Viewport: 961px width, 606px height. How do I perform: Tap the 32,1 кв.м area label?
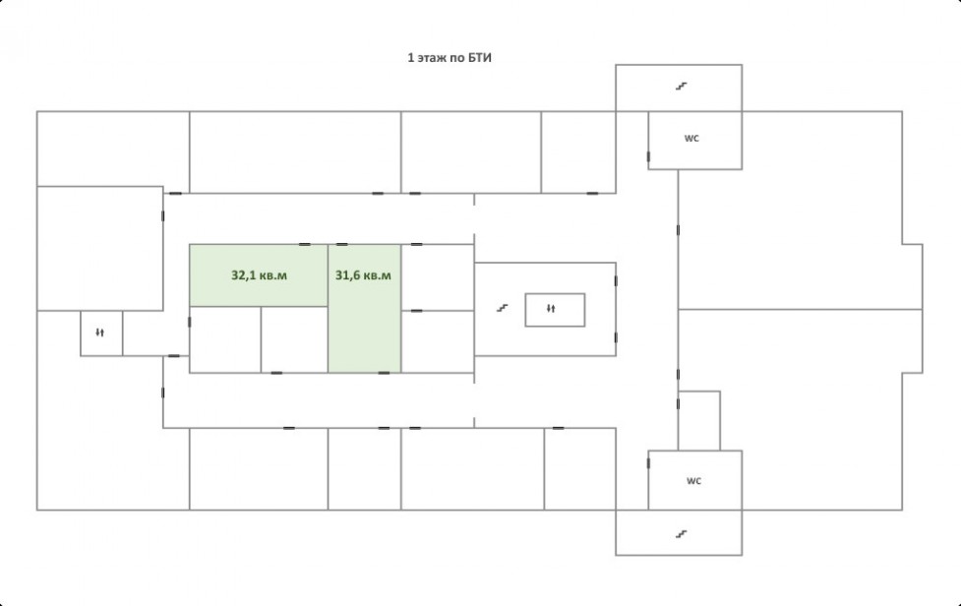coord(259,275)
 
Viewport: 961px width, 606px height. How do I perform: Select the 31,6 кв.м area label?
coord(363,275)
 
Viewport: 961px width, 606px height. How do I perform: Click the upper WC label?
coord(692,139)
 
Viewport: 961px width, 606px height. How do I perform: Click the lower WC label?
coord(692,481)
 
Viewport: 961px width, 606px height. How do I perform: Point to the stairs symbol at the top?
coord(680,87)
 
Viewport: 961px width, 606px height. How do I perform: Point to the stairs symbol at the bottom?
coord(680,534)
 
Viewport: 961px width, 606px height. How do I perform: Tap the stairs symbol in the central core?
coord(501,308)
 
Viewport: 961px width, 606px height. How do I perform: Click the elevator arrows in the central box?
coord(551,309)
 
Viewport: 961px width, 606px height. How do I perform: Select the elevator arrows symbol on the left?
coord(100,333)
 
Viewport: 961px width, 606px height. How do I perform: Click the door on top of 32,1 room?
coord(305,244)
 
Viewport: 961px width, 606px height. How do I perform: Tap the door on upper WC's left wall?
coord(648,156)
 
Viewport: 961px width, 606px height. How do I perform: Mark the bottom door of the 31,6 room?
coord(384,372)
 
